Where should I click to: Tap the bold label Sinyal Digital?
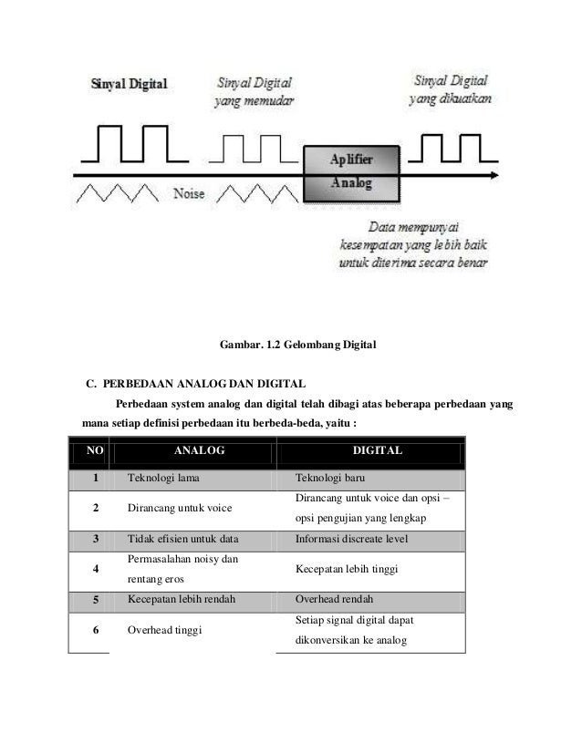pyautogui.click(x=128, y=85)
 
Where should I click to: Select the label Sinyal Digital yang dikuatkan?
pyautogui.click(x=451, y=88)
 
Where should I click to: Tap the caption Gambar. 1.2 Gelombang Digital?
pyautogui.click(x=298, y=346)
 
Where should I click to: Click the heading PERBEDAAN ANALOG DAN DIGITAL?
pyautogui.click(x=204, y=381)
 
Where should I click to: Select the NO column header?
pyautogui.click(x=89, y=449)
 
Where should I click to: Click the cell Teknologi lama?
pyautogui.click(x=164, y=477)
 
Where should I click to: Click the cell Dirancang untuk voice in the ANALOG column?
pyautogui.click(x=178, y=508)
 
